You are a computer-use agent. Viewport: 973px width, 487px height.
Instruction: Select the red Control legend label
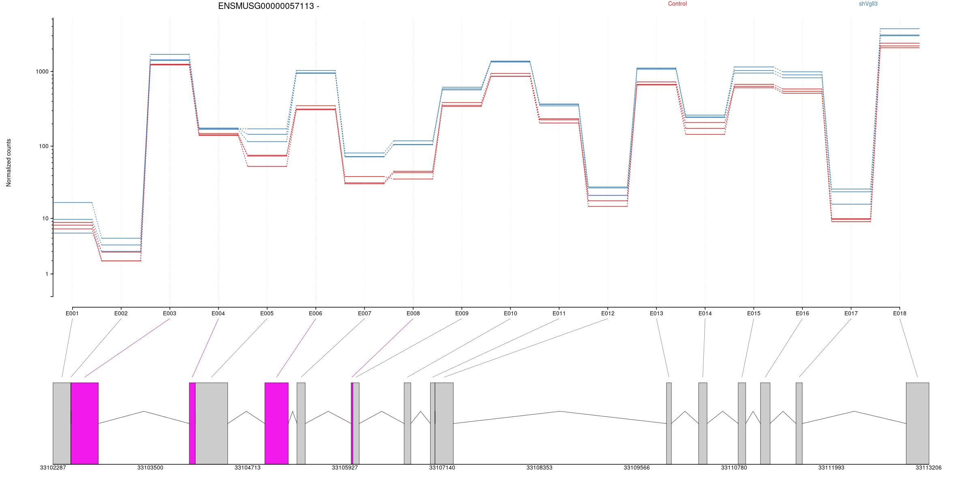click(x=677, y=4)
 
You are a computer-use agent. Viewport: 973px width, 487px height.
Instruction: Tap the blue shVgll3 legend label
click(x=868, y=4)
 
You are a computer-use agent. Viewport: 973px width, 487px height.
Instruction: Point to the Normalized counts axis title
click(x=9, y=163)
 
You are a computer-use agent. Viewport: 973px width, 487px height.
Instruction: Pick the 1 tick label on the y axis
click(x=47, y=274)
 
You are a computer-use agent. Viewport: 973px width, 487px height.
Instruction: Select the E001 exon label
click(x=72, y=313)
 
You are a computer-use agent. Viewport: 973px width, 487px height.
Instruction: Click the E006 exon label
click(x=315, y=313)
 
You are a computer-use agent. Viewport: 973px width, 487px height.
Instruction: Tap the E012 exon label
click(x=608, y=313)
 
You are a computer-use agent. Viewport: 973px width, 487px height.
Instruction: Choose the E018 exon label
click(x=900, y=313)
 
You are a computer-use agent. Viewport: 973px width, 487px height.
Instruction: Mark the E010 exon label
click(x=510, y=313)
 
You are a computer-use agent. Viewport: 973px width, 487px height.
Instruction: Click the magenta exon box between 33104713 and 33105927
click(x=276, y=423)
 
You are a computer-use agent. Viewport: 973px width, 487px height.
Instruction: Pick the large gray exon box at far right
click(x=917, y=423)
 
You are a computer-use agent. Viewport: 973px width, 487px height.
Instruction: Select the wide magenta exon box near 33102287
click(x=85, y=423)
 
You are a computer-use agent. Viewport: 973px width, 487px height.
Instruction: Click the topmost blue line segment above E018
click(x=900, y=29)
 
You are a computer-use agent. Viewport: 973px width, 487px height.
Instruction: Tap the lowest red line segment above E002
click(x=121, y=261)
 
